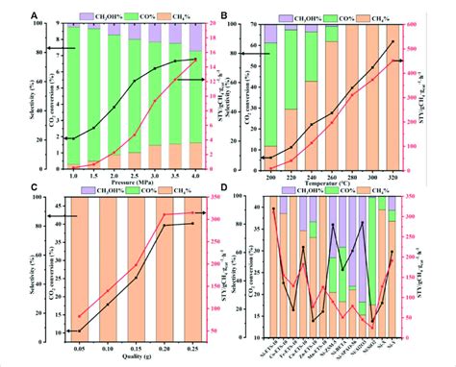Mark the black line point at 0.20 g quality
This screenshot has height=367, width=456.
(x=165, y=226)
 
